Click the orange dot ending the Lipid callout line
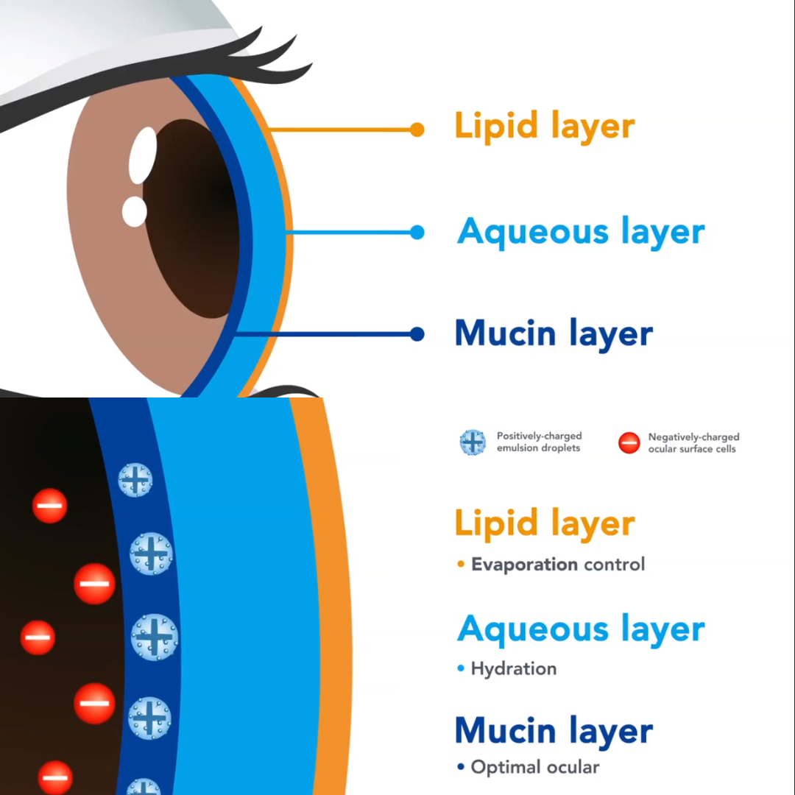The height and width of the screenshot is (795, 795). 417,130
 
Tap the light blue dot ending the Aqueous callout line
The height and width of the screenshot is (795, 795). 417,233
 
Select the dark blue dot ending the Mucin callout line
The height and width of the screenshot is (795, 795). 417,334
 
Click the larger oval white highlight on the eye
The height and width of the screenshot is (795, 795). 143,155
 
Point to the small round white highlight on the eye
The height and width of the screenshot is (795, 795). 135,211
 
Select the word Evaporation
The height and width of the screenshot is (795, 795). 524,565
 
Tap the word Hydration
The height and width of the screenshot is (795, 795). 514,668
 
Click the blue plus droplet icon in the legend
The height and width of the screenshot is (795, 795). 473,442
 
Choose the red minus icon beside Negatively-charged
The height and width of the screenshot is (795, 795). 629,443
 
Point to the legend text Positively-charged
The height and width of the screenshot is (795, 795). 539,437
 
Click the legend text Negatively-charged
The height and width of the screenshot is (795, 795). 693,437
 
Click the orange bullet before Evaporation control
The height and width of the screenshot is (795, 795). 461,565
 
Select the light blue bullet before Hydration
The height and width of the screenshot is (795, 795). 461,669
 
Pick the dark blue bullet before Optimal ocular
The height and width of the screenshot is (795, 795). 461,768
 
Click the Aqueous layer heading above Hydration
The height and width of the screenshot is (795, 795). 581,630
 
